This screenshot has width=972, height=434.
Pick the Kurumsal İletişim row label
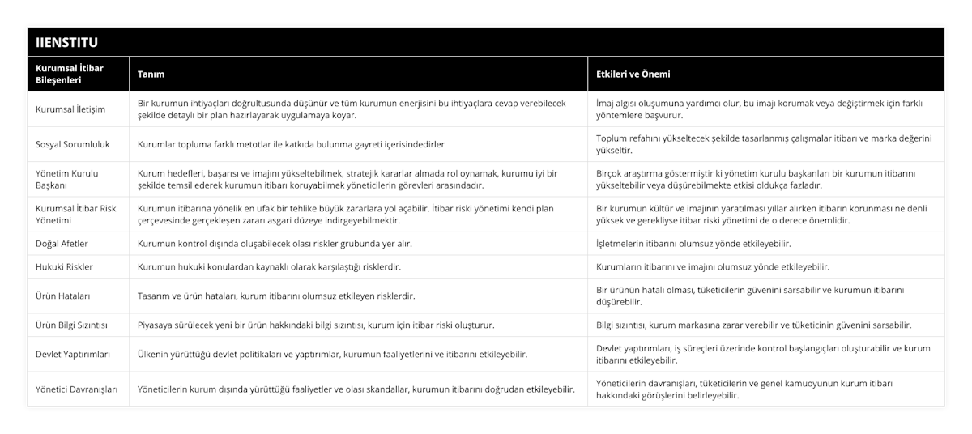click(x=70, y=108)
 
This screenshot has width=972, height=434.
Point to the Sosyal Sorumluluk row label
click(x=73, y=143)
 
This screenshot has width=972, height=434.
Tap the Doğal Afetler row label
click(x=62, y=243)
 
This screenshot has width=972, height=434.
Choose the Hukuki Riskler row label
click(x=65, y=266)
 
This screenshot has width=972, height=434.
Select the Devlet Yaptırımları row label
click(x=74, y=354)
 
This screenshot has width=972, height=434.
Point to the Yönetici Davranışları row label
click(x=77, y=389)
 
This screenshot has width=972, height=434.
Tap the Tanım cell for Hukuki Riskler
click(x=270, y=266)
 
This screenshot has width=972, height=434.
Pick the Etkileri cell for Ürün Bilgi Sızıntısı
click(x=753, y=325)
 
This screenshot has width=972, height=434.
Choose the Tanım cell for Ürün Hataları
click(x=276, y=296)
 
